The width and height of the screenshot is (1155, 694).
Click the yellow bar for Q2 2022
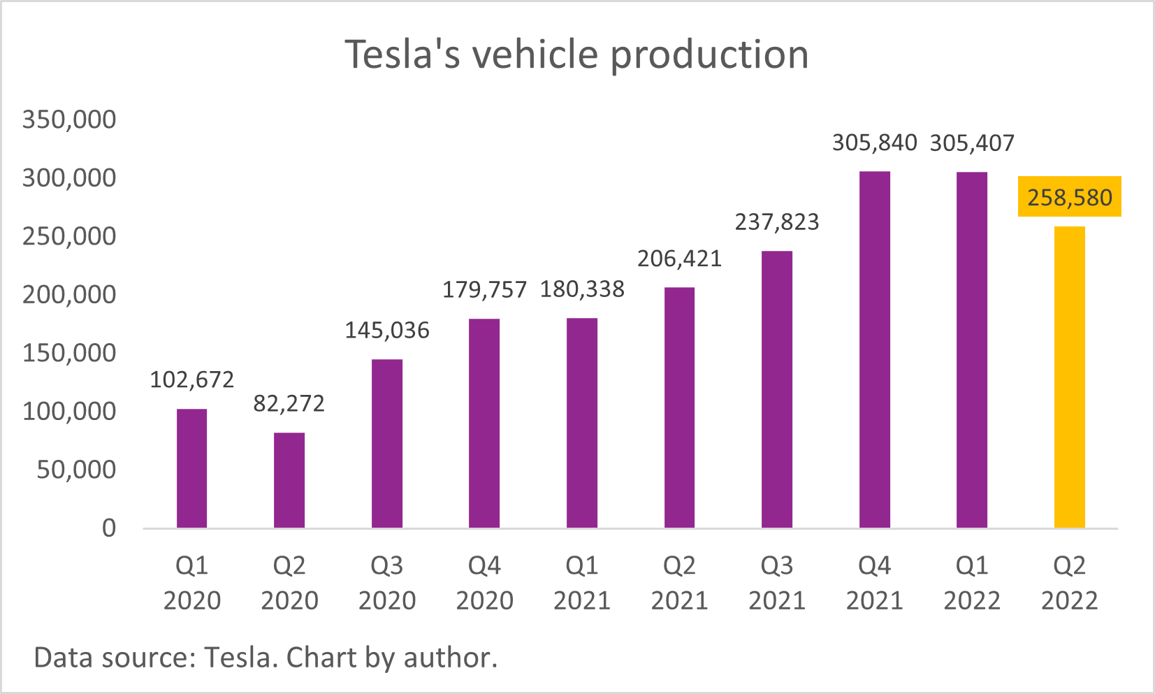click(x=1069, y=377)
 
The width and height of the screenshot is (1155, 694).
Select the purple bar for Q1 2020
click(x=191, y=468)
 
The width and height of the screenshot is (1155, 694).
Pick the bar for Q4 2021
click(x=874, y=349)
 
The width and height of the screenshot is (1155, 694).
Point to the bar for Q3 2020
click(x=386, y=443)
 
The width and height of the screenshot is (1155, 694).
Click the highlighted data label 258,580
click(x=1069, y=197)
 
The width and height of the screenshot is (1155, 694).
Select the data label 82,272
click(x=289, y=403)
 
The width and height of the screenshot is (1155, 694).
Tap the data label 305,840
click(x=874, y=143)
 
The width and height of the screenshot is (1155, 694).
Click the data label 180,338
click(x=582, y=289)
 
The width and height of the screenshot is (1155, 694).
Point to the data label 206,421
click(x=679, y=259)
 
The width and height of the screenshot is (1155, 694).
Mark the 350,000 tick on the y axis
click(x=69, y=120)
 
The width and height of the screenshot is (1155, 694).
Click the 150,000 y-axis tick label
click(x=69, y=353)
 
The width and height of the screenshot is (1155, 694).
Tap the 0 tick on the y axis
click(x=109, y=528)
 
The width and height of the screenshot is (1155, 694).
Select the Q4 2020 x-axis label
click(x=484, y=582)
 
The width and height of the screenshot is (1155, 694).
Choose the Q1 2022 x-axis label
click(x=972, y=582)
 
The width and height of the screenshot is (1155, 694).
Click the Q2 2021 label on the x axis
click(x=679, y=582)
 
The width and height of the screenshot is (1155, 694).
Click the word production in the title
click(x=709, y=55)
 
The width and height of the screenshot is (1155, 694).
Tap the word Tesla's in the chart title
click(x=403, y=55)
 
